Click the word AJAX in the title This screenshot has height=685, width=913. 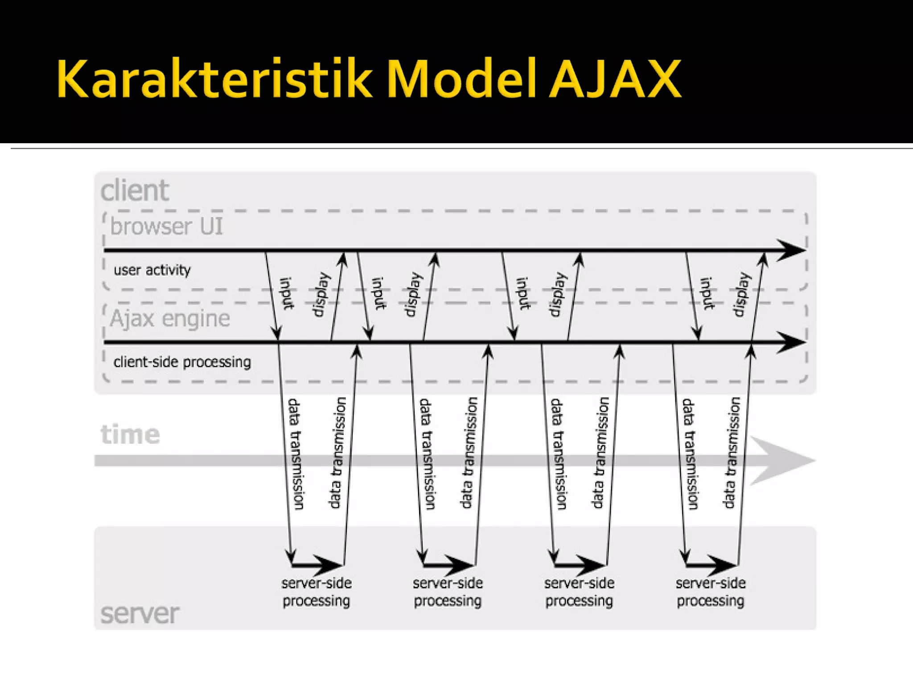tap(615, 79)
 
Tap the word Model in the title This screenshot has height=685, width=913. tap(462, 79)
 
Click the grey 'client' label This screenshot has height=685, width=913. tap(135, 191)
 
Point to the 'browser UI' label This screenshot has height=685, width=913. tap(166, 226)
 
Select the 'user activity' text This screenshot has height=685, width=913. tap(152, 270)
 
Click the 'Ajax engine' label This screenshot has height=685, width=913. tap(170, 318)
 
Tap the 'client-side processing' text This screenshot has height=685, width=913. tap(182, 362)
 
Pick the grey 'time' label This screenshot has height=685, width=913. tap(130, 434)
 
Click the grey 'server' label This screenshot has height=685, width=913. tap(140, 614)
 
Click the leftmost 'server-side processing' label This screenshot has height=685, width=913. tap(317, 592)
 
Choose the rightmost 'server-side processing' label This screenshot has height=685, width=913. tap(711, 592)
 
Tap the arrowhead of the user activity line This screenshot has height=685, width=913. tap(791, 250)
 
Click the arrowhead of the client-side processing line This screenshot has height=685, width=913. tap(791, 342)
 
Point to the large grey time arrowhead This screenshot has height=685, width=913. tap(782, 461)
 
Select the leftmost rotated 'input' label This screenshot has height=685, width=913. tap(287, 293)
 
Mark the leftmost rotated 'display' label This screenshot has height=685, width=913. tap(322, 294)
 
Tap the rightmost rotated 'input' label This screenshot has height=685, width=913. tap(707, 293)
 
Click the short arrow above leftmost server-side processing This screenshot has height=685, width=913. tap(317, 565)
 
